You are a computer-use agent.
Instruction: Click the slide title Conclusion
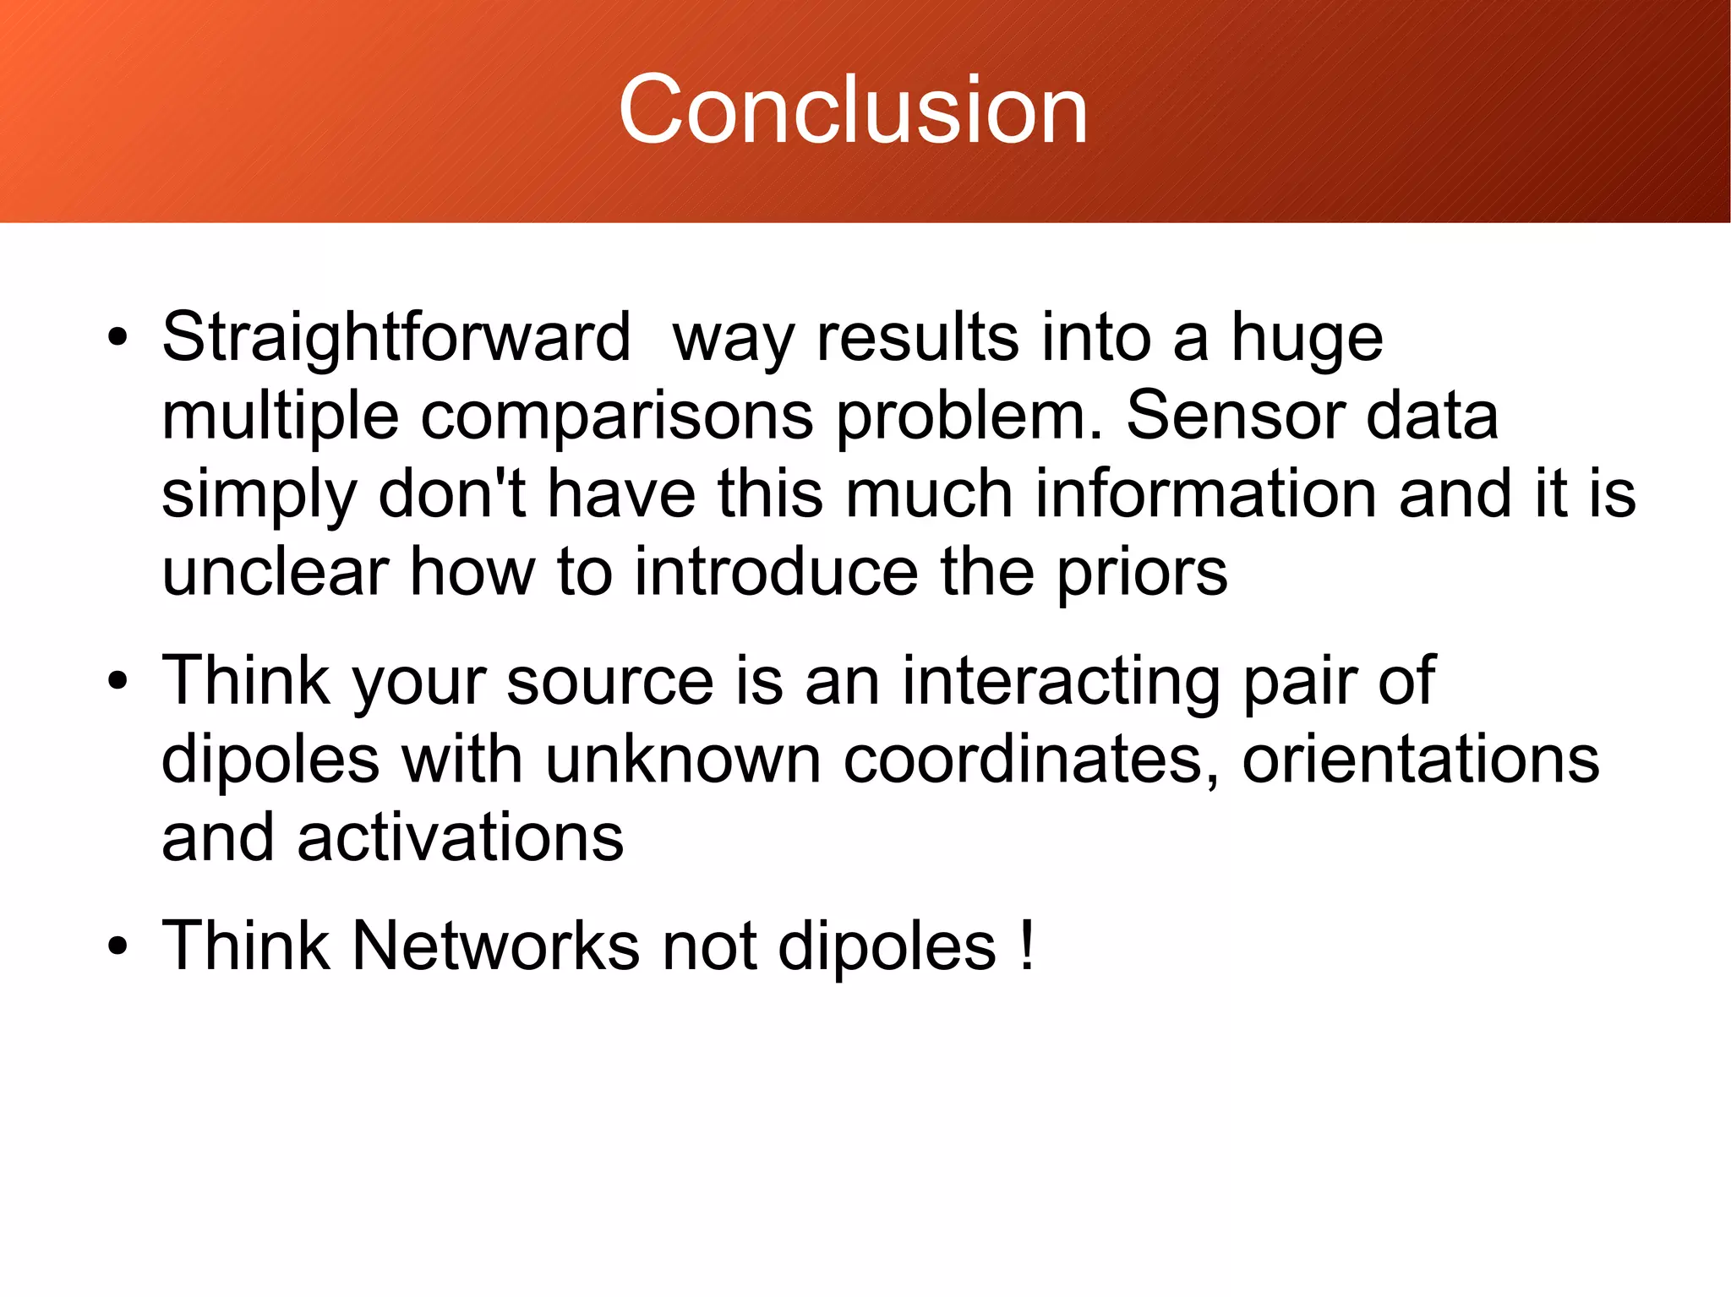click(853, 110)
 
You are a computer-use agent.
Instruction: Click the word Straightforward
click(396, 337)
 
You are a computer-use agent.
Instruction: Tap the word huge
click(1306, 337)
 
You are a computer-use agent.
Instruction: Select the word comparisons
click(617, 416)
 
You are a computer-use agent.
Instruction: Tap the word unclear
click(275, 572)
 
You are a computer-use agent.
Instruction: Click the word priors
click(1142, 572)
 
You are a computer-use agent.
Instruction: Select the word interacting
click(1061, 681)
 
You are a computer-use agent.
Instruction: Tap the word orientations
click(1420, 759)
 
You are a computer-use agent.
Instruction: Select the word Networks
click(495, 946)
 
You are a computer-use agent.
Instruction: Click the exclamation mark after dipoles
click(1027, 946)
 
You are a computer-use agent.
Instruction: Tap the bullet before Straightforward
click(117, 339)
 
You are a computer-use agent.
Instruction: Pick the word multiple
click(280, 416)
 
